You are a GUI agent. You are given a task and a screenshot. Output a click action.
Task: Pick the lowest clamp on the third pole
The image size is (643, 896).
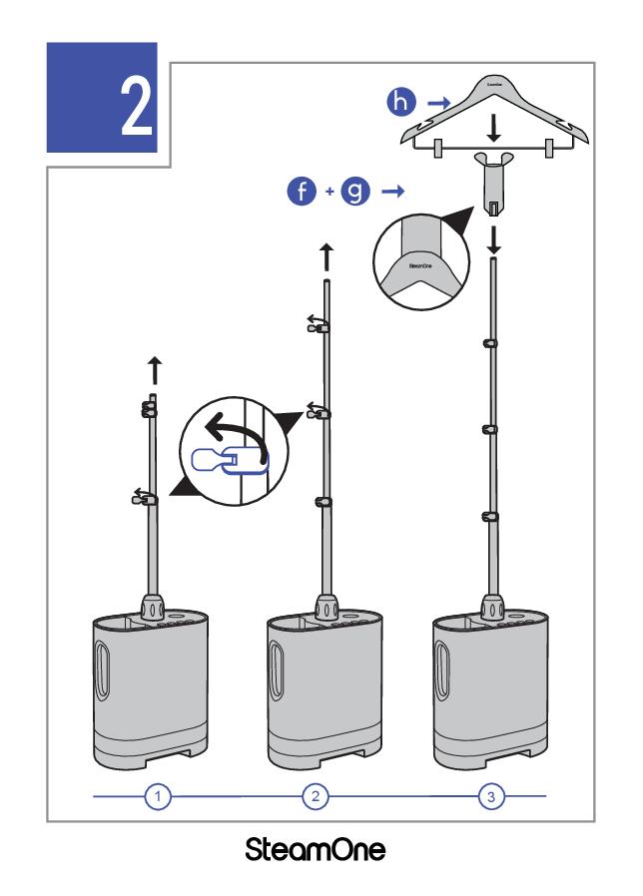(x=491, y=516)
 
